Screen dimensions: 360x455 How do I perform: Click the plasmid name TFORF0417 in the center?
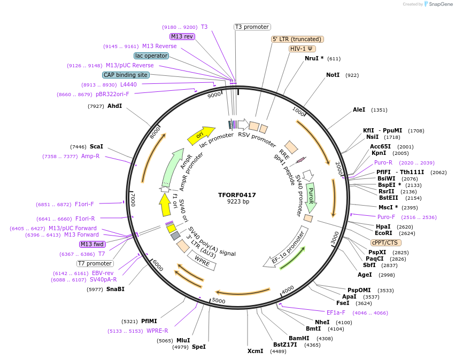coord(237,195)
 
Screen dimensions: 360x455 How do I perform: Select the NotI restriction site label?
coord(333,75)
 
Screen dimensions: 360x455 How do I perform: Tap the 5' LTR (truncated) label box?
coord(297,39)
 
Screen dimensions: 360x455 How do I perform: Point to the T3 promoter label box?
coord(252,27)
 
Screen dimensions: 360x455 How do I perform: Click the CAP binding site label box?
coord(126,75)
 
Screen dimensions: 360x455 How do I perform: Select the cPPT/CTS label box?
coord(385,242)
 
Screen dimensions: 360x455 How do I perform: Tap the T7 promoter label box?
coord(95,263)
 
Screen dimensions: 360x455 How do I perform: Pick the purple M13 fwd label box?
coord(92,244)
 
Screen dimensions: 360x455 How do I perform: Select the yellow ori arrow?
coord(200,136)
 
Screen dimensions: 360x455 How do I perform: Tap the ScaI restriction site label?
coord(96,147)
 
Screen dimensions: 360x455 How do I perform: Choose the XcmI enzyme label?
coord(256,351)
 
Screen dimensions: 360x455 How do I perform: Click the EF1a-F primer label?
coord(336,313)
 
